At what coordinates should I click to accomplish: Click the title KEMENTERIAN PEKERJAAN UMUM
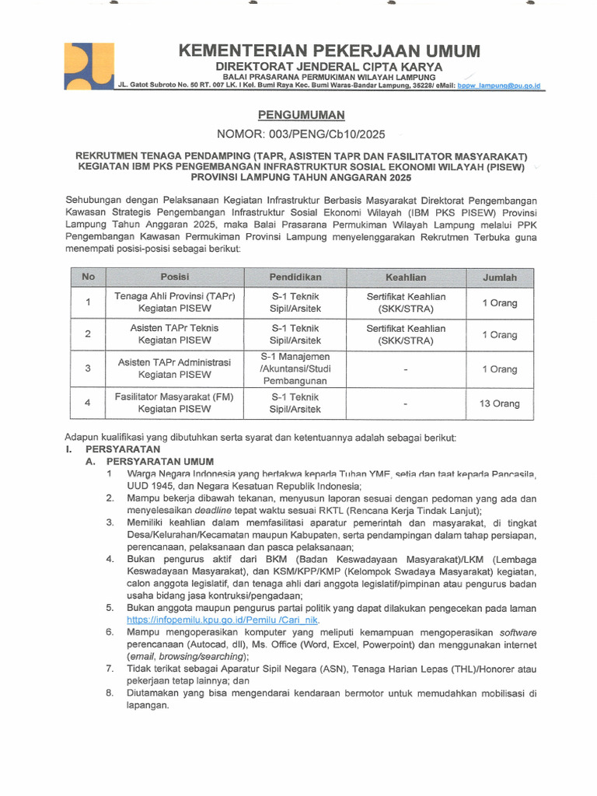[x=329, y=51]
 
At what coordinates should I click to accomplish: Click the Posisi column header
[x=175, y=278]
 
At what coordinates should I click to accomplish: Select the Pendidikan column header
[x=295, y=278]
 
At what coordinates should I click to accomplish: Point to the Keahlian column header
[x=406, y=278]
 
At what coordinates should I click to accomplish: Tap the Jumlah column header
[x=499, y=278]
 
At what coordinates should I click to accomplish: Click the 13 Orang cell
[x=499, y=403]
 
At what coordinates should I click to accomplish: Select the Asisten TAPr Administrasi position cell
[x=175, y=368]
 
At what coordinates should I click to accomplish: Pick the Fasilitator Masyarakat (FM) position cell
[x=175, y=403]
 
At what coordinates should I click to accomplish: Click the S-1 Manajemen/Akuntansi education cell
[x=295, y=368]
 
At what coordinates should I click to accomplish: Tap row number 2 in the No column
[x=89, y=334]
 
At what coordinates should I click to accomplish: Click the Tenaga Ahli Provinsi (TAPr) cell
[x=175, y=302]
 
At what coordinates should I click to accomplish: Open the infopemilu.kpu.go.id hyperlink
[x=223, y=620]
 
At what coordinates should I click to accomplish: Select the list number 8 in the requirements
[x=110, y=692]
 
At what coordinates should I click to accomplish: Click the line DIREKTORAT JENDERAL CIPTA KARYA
[x=329, y=67]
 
